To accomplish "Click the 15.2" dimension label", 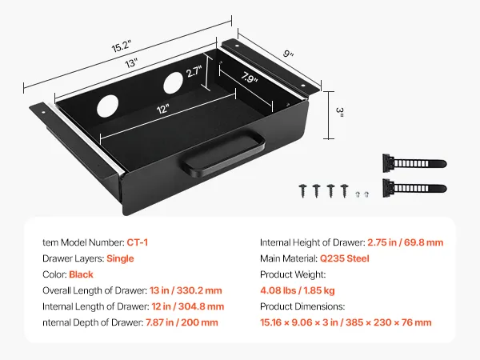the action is (122, 46).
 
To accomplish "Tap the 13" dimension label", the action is (131, 63).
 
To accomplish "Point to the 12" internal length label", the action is (163, 109).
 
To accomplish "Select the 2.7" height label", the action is (194, 72).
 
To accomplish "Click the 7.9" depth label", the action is (249, 78).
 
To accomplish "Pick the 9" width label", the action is (288, 54).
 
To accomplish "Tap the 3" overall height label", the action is (340, 110).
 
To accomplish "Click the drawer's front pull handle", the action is (223, 153).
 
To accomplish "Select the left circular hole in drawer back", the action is (107, 106).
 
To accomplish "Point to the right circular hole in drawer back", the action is (174, 83).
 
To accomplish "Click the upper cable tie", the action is (414, 163).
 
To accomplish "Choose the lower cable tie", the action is (414, 188).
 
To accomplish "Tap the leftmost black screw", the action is (302, 190).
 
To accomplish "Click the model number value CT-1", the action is (137, 242).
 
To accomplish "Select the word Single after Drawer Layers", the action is (120, 258).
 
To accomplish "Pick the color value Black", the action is (81, 274).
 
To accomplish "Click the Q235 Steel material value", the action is (344, 258).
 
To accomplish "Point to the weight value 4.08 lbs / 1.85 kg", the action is (298, 290).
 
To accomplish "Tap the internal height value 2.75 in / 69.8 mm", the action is (406, 242).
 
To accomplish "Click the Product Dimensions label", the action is (302, 306).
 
